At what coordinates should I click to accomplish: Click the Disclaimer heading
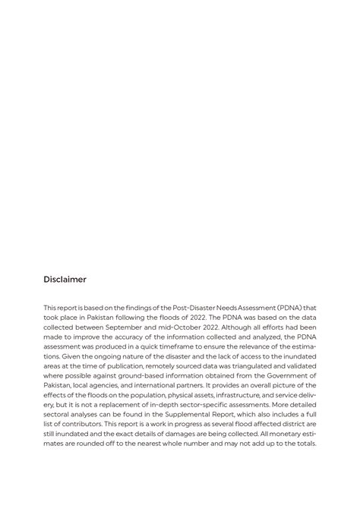click(65, 280)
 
